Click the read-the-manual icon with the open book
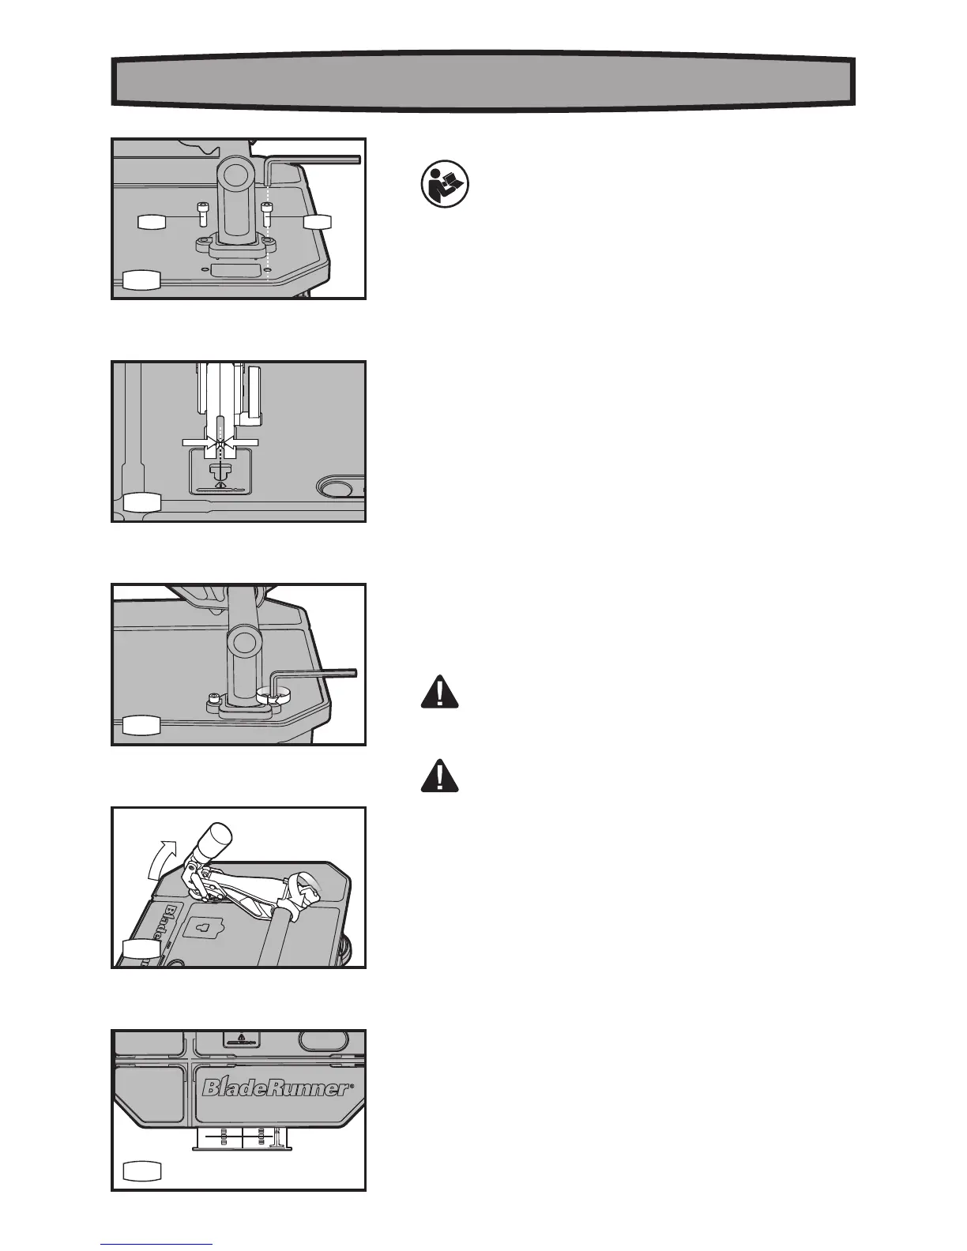click(x=444, y=186)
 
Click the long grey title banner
click(x=483, y=81)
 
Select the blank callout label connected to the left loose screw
click(x=151, y=221)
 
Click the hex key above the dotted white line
click(x=314, y=160)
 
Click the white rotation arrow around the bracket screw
click(x=271, y=693)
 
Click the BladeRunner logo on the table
click(x=275, y=1088)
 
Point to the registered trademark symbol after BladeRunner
click(x=350, y=1086)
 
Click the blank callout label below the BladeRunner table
click(x=143, y=1170)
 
